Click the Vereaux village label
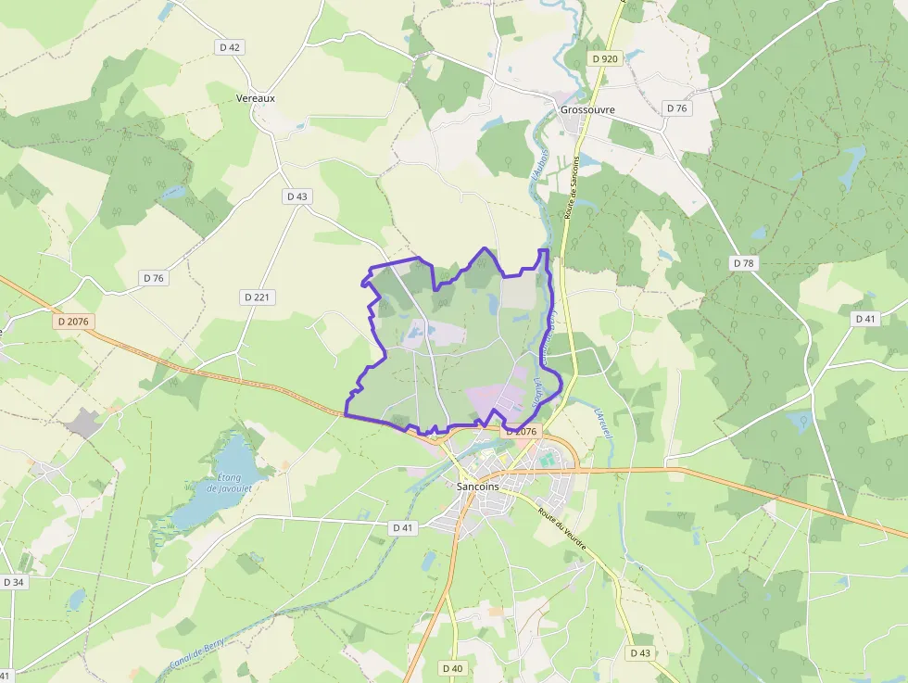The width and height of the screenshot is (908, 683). [256, 97]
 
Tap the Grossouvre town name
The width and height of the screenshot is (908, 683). [587, 108]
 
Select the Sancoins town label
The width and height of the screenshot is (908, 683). [478, 486]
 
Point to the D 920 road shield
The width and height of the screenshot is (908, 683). [604, 58]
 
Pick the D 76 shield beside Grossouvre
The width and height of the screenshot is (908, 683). [677, 108]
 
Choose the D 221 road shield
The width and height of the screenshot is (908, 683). [258, 297]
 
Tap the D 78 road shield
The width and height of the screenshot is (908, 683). [743, 263]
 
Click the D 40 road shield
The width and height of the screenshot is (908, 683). [452, 668]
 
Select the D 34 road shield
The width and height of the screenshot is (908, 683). [13, 582]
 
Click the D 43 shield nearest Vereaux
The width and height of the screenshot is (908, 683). [296, 196]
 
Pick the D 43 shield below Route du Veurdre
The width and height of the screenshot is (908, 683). [640, 652]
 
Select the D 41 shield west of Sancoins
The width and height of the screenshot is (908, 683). [402, 527]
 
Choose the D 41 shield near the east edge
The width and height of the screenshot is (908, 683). [864, 319]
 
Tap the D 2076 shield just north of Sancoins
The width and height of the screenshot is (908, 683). [520, 432]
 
